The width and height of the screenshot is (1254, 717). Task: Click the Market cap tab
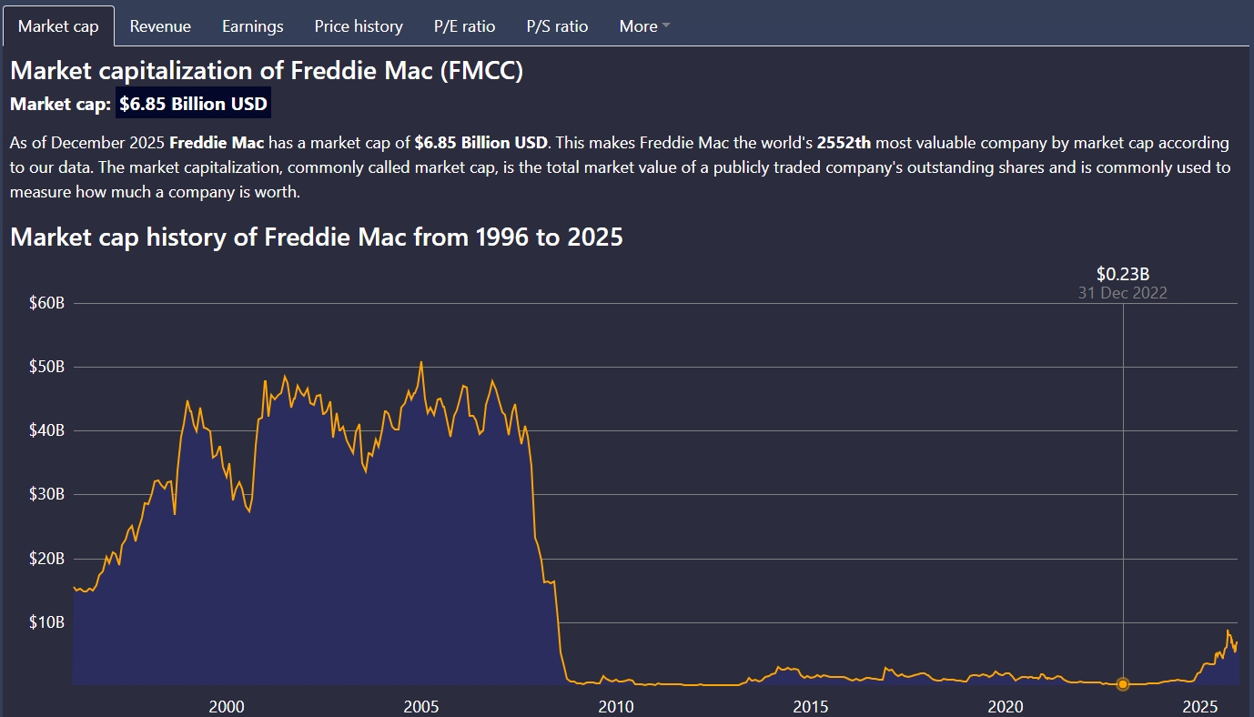coord(58,26)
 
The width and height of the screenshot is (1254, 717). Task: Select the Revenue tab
coord(160,26)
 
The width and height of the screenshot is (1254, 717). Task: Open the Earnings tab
coord(252,26)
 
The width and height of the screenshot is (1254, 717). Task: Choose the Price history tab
coord(359,26)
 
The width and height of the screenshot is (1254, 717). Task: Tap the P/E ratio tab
coord(464,26)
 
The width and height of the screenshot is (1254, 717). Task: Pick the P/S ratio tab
coord(557,26)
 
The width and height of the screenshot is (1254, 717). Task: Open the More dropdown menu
coord(643,26)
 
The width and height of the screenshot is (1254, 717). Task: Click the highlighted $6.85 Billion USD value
coord(193,104)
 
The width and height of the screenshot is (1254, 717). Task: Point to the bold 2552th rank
coord(844,143)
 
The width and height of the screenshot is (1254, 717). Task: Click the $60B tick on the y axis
coord(47,303)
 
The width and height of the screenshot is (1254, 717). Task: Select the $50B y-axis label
coord(47,367)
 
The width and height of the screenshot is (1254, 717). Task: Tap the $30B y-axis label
coord(47,495)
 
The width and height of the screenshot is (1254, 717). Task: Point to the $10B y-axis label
coord(47,622)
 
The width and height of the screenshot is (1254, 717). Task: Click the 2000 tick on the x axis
coord(227,706)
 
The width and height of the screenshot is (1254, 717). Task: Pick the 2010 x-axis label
coord(616,706)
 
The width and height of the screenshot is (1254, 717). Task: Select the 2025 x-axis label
coord(1200,706)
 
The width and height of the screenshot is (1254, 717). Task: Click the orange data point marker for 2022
coord(1123,683)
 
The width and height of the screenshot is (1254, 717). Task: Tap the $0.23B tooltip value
coord(1123,274)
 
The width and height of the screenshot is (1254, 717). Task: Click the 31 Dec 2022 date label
coord(1123,293)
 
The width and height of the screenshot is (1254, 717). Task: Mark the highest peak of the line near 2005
coord(420,362)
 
